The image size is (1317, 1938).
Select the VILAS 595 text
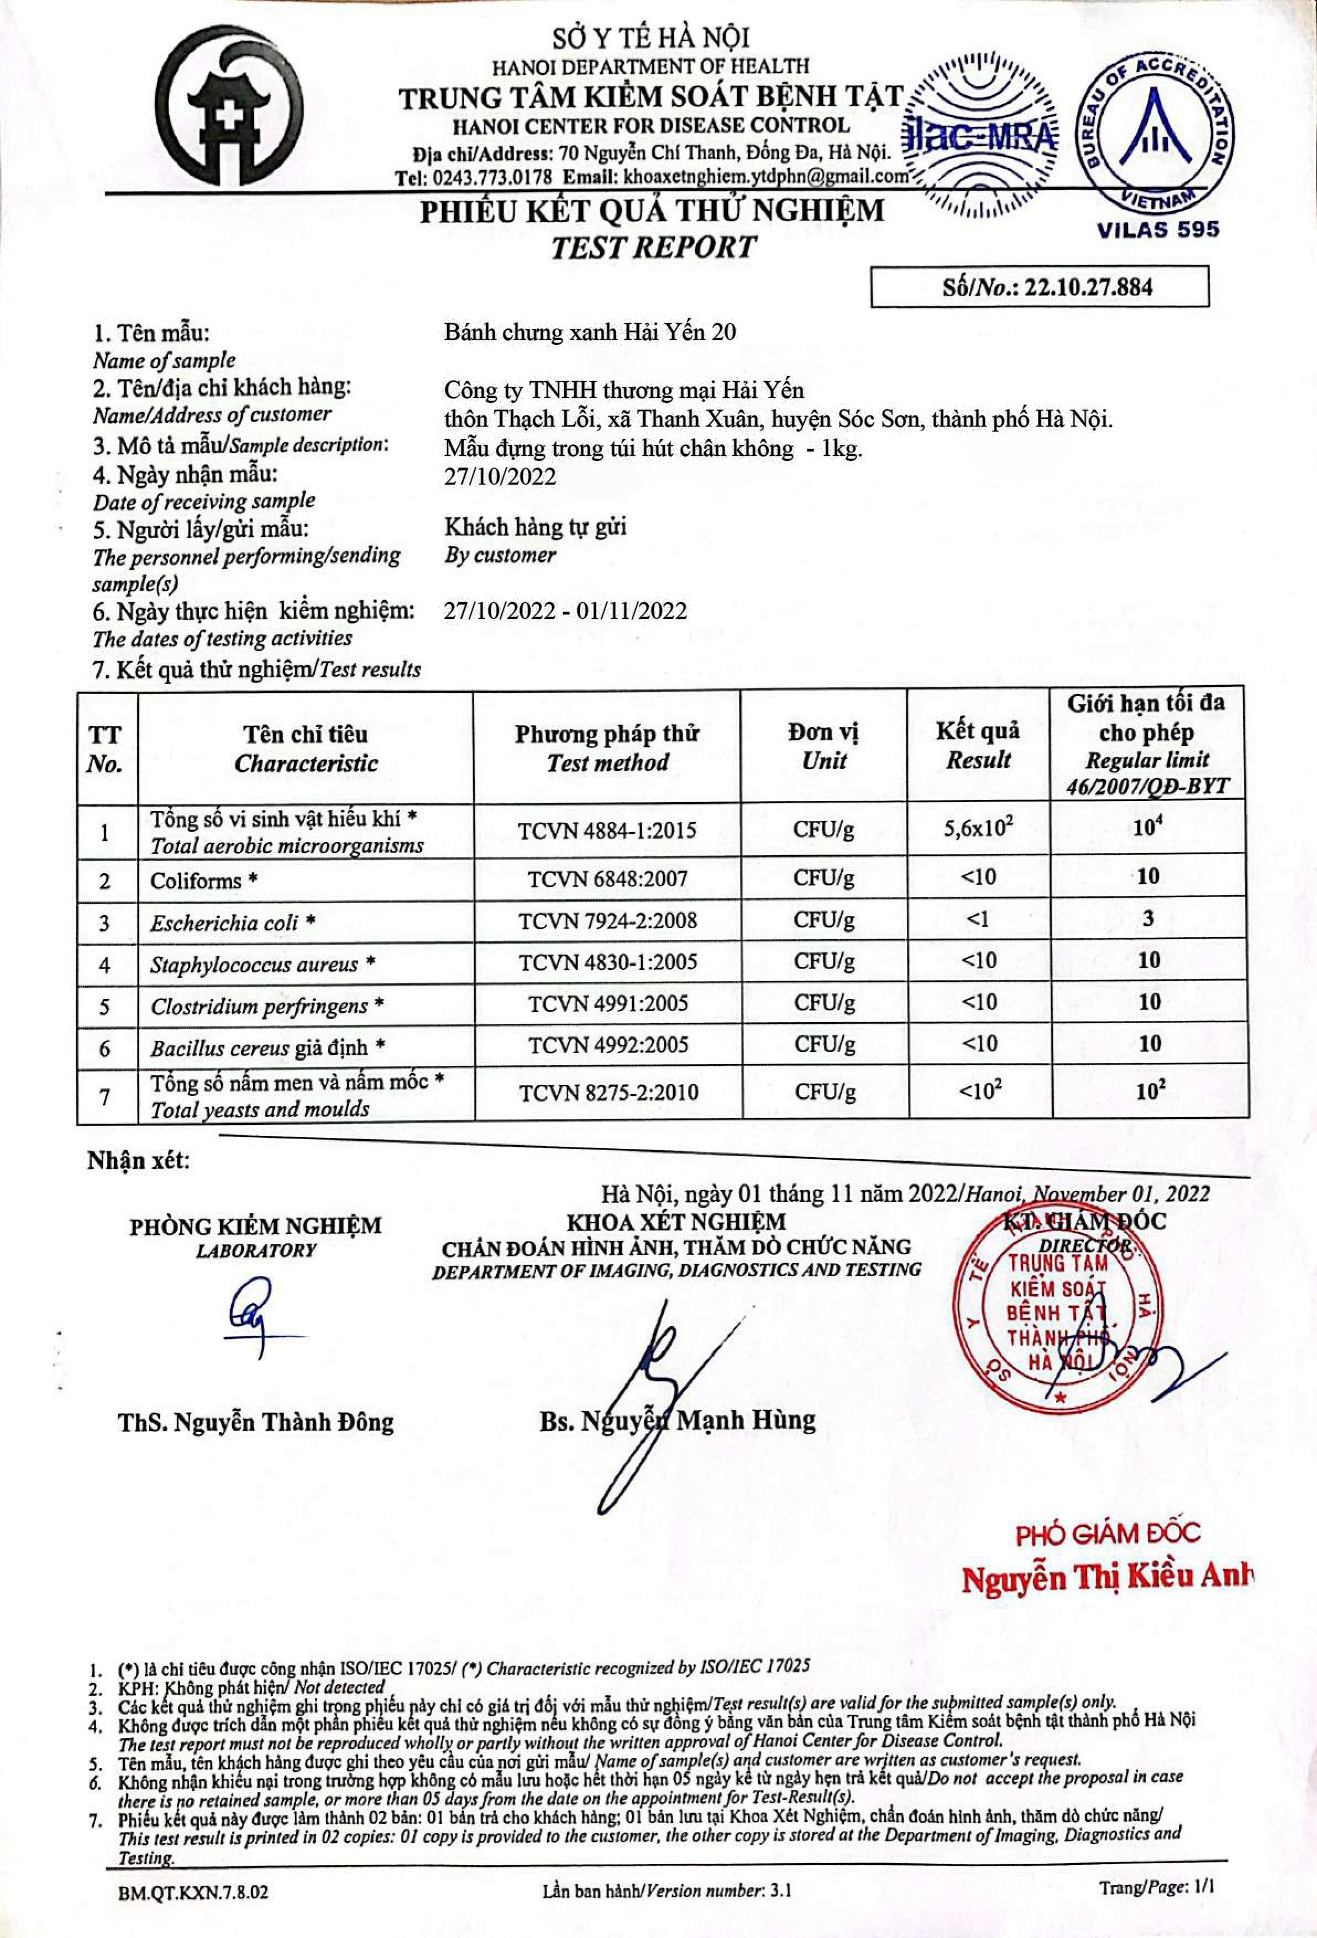click(1158, 229)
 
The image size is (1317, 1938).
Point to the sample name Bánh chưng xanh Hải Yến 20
click(590, 332)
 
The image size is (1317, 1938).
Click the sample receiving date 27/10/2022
click(500, 476)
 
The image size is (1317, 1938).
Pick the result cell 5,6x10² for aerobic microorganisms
click(978, 828)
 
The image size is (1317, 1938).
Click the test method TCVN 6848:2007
click(607, 878)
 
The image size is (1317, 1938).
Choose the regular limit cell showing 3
click(1148, 919)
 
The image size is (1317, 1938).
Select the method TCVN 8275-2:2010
click(608, 1092)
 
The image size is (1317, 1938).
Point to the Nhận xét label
click(139, 1160)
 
